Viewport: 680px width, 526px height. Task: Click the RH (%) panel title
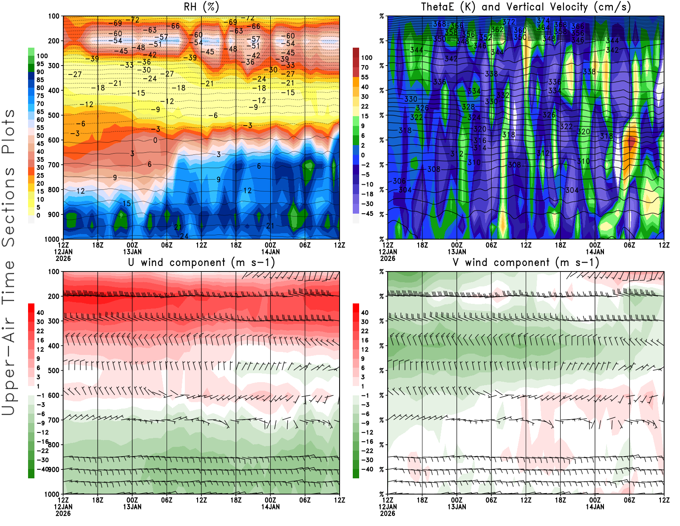click(x=201, y=7)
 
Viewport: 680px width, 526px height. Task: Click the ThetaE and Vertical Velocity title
click(x=526, y=7)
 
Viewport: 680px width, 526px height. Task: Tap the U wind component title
click(x=201, y=263)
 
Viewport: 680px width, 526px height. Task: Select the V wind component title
click(x=526, y=263)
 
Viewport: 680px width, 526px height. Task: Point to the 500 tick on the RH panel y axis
click(x=54, y=115)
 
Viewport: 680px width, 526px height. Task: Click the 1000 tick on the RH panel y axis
click(x=52, y=239)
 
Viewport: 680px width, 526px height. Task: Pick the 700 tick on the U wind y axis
click(x=54, y=420)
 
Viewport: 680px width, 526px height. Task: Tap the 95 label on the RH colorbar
click(x=40, y=64)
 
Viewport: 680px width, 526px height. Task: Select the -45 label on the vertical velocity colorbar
click(x=367, y=214)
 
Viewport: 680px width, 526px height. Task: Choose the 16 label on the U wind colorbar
click(x=40, y=340)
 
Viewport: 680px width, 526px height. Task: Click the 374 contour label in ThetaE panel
click(x=543, y=20)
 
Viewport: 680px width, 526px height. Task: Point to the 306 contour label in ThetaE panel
click(x=399, y=181)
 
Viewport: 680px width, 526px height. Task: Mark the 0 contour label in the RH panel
click(x=155, y=140)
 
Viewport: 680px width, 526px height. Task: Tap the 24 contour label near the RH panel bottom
click(x=184, y=236)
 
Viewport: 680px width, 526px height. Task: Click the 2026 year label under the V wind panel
click(x=388, y=513)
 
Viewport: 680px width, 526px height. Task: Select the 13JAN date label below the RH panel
click(x=132, y=252)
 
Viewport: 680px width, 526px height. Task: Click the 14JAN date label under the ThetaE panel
click(x=595, y=252)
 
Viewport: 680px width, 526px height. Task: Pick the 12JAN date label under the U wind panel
click(x=63, y=507)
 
